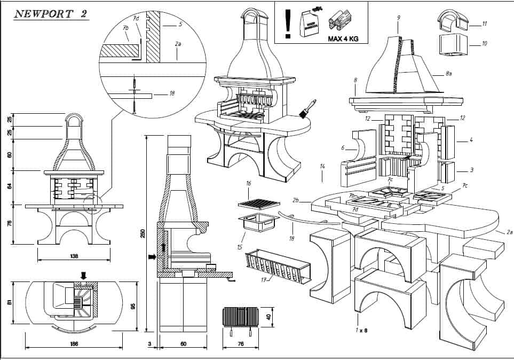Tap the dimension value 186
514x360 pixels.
pos(74,343)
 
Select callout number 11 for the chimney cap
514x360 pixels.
pos(484,25)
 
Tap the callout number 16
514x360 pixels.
pos(248,183)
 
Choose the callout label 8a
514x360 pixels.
pos(449,75)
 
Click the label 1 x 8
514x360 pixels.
pos(362,331)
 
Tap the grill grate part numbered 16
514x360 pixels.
pos(258,204)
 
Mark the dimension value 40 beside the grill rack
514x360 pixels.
pos(268,316)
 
